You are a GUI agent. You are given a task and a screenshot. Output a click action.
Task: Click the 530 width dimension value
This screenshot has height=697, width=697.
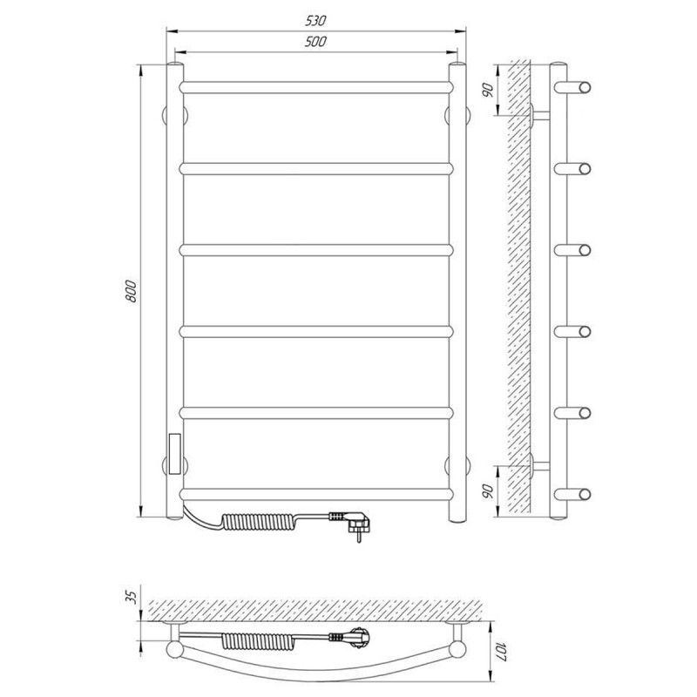(315, 20)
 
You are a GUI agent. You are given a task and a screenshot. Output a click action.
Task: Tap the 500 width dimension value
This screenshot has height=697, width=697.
(315, 41)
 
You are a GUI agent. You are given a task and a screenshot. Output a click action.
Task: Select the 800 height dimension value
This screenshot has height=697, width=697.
(132, 291)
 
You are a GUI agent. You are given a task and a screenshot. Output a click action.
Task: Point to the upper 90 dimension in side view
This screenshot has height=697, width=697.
(488, 91)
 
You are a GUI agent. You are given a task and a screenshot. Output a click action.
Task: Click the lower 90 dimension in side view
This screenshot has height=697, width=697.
(488, 491)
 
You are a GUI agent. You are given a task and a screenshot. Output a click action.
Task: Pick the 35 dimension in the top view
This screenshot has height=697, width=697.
(132, 596)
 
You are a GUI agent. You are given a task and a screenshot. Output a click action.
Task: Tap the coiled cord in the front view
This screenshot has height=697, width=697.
(258, 522)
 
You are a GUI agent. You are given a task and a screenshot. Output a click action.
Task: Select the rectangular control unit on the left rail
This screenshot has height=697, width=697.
(175, 453)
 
